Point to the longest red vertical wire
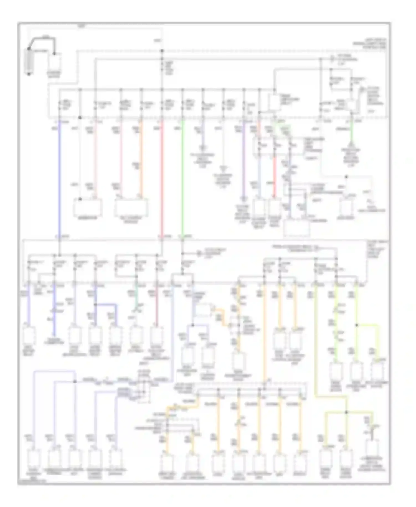click(x=162, y=178)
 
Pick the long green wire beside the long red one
click(x=182, y=178)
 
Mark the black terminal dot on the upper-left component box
click(x=80, y=199)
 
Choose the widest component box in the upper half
click(x=131, y=207)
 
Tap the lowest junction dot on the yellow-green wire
click(x=346, y=412)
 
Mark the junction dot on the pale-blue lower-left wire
click(x=75, y=382)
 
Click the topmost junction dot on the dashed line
click(x=162, y=51)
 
